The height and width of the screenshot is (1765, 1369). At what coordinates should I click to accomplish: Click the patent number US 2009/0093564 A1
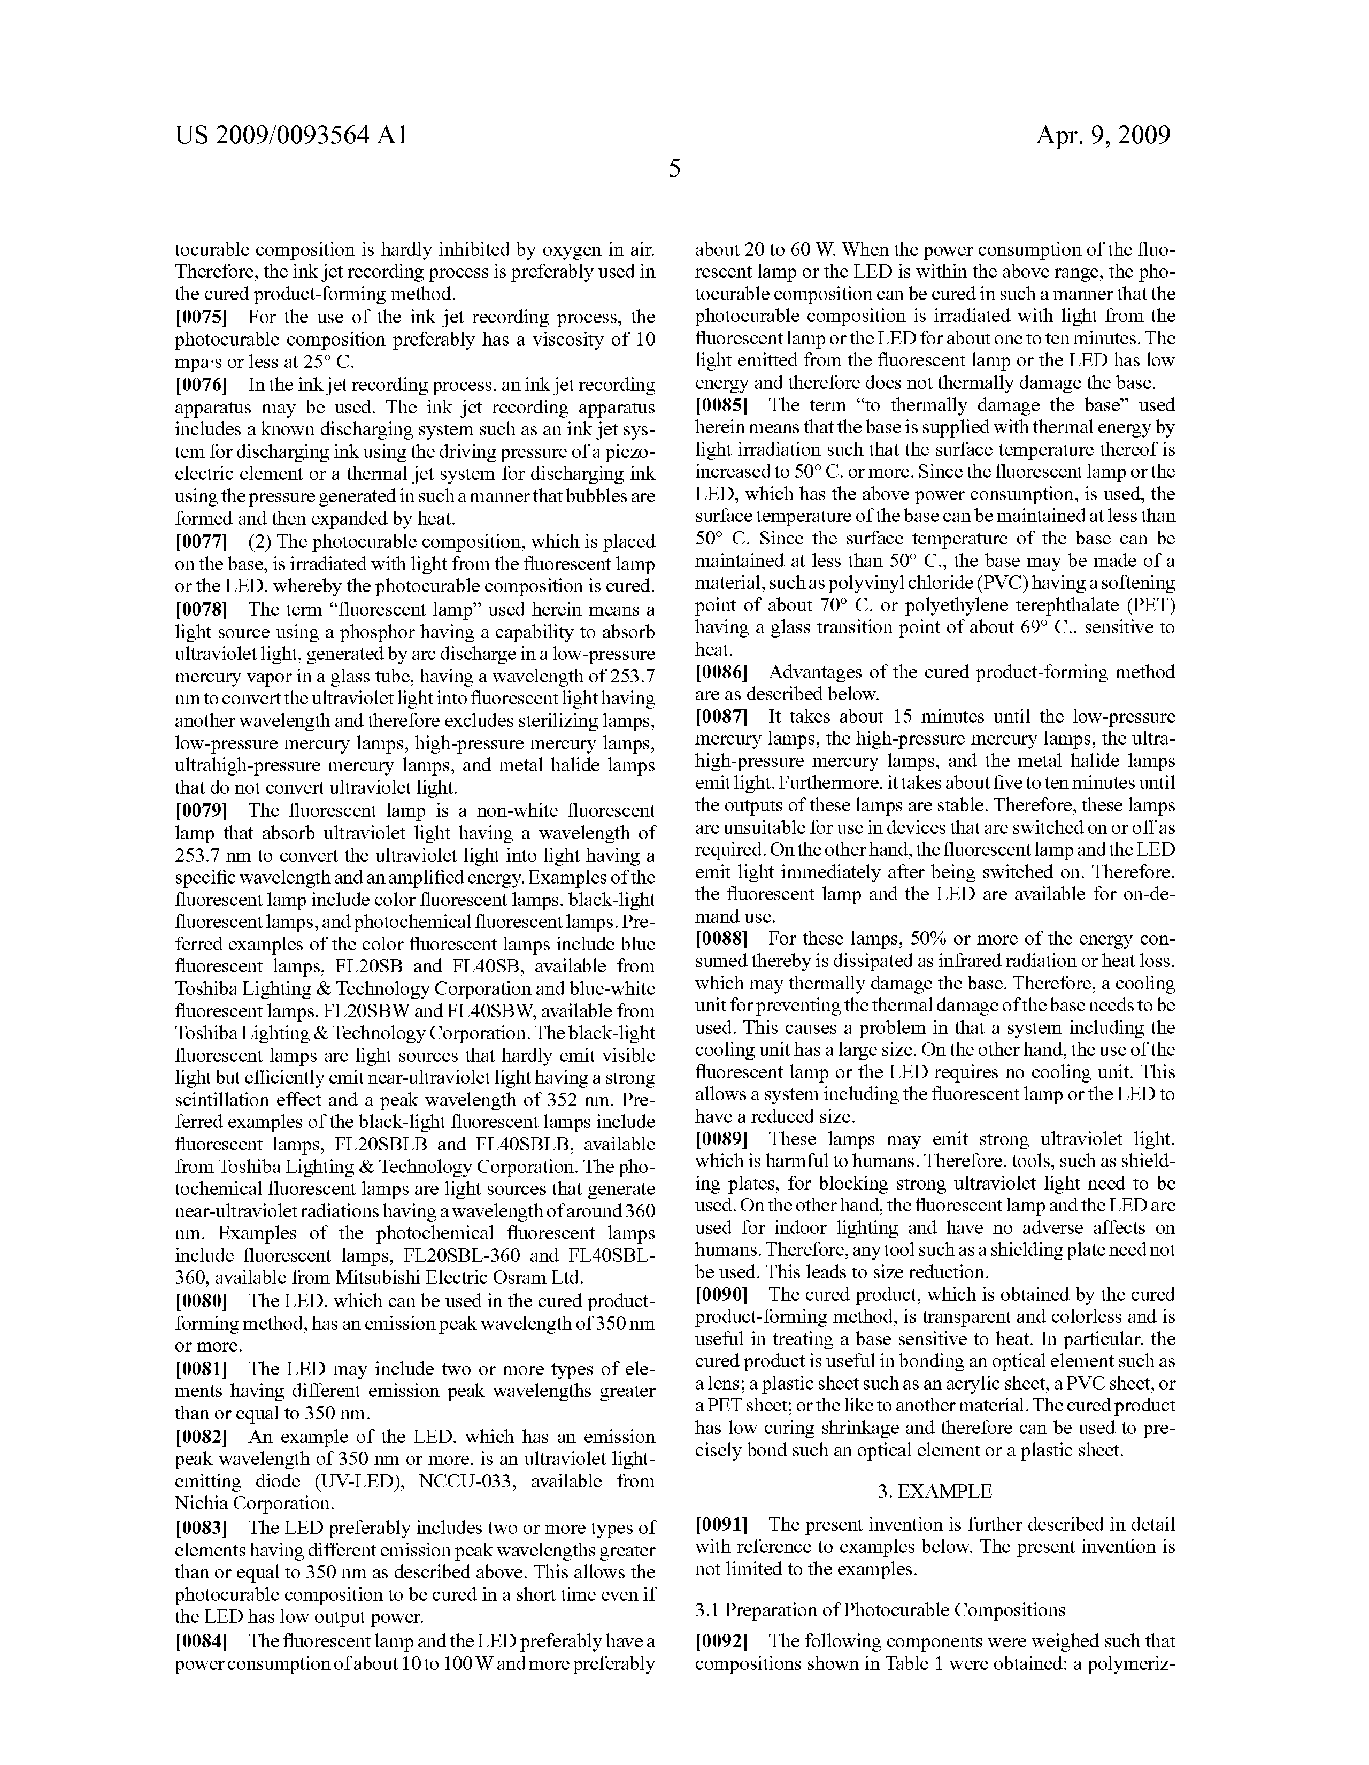[x=290, y=135]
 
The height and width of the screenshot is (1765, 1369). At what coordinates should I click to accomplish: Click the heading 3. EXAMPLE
[x=934, y=1490]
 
